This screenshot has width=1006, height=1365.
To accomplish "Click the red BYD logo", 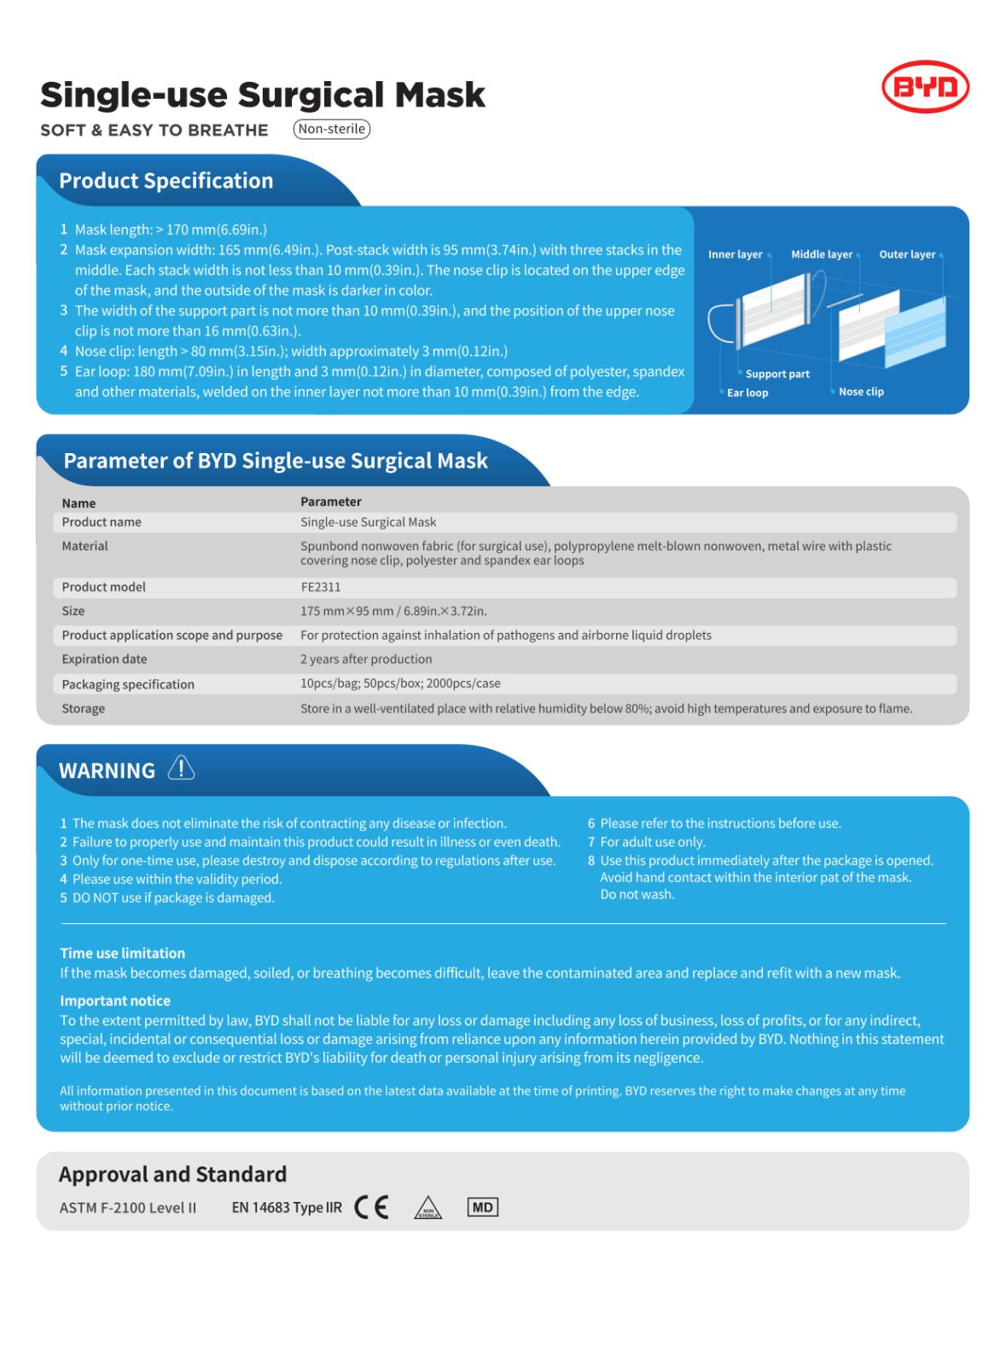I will pos(925,86).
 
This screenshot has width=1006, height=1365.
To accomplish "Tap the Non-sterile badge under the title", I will pos(331,129).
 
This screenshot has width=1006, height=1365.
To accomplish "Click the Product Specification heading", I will pos(166,181).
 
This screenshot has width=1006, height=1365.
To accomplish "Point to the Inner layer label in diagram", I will pos(735,254).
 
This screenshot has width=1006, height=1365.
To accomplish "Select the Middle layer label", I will pos(821,254).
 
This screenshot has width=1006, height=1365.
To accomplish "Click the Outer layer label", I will pos(907,254).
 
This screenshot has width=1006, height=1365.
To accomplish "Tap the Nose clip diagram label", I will pos(861,392).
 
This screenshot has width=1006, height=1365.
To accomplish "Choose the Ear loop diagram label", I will pos(747,392).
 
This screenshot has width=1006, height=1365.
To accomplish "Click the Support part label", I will pos(777,374).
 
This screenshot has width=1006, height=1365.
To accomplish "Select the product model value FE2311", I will pos(320,587).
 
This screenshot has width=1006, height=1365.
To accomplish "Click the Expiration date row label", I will pos(104,659).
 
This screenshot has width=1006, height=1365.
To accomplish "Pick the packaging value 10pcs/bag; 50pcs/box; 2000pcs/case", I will pos(400,683).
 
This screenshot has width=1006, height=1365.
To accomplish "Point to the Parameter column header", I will pos(330,502).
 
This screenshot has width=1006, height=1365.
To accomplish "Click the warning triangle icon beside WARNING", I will pos(181,768).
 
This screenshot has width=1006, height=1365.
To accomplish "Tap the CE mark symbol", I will pos(371,1207).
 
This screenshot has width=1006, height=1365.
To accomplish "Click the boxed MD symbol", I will pos(482,1207).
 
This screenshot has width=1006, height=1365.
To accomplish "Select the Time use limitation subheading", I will pos(122,953).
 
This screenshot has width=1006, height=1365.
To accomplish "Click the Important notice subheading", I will pos(115,1001).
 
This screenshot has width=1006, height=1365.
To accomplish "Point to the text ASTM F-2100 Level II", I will pos(128,1207).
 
